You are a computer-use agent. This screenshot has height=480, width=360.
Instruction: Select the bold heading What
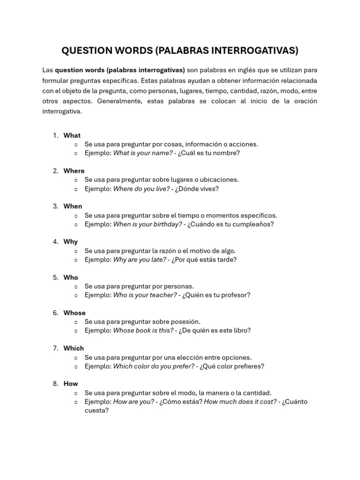tap(72, 135)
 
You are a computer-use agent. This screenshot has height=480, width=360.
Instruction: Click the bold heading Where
tap(74, 171)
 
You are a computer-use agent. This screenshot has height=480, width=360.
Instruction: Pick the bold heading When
tap(73, 206)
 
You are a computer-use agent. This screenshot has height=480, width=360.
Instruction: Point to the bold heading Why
tap(71, 242)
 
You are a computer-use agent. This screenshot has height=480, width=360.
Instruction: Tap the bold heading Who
tap(71, 277)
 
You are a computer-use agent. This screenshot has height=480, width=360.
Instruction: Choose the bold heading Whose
tap(75, 313)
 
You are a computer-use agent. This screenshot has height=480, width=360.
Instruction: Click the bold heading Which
tap(74, 348)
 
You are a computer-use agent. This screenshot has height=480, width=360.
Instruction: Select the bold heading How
tap(71, 384)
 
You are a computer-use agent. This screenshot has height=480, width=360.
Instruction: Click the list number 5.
tap(55, 277)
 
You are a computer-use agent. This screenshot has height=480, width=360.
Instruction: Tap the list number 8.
tap(55, 384)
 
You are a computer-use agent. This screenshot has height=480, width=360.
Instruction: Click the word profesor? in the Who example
tap(236, 295)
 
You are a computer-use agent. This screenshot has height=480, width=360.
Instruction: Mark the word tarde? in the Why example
tap(227, 260)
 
